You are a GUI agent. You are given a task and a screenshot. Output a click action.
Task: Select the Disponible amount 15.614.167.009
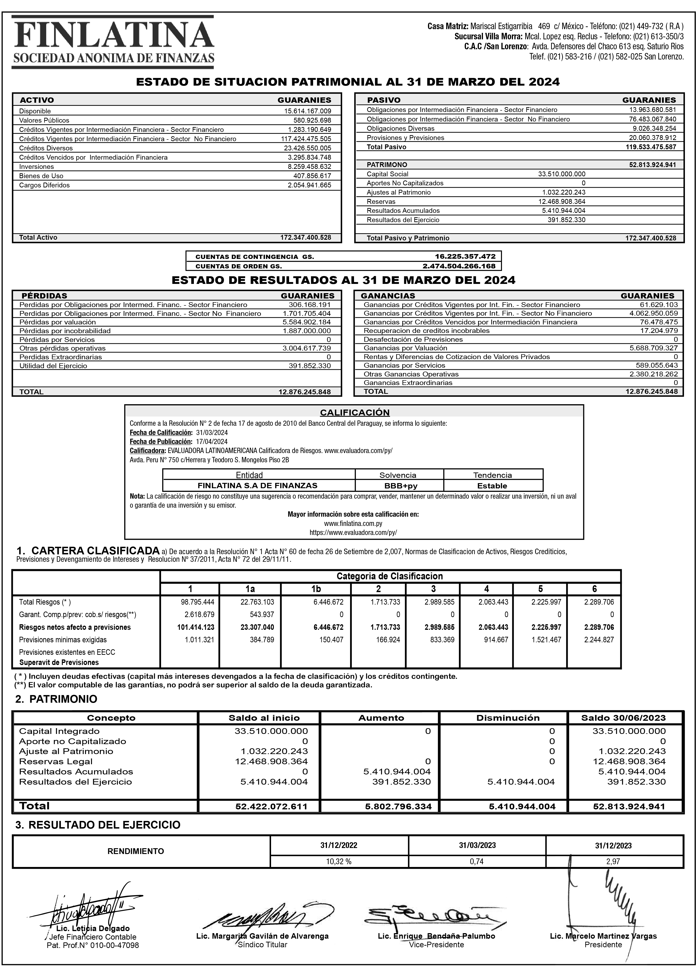(x=307, y=111)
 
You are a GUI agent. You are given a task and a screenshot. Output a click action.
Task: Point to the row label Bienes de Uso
(x=41, y=176)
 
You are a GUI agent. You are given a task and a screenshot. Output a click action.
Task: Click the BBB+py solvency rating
(x=399, y=486)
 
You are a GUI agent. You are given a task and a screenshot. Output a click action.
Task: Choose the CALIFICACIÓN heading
(x=354, y=412)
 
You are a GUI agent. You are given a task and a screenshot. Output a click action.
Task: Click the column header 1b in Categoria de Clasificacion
(x=316, y=589)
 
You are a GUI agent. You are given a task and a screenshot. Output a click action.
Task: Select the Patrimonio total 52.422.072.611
(x=271, y=806)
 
